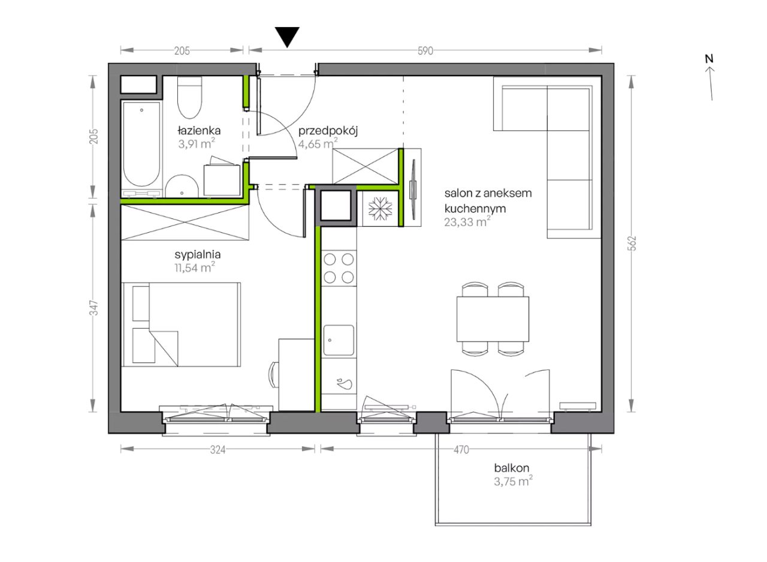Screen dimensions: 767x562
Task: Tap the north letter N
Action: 709,59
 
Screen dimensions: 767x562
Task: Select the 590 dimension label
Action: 425,51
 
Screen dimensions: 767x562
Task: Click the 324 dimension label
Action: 218,450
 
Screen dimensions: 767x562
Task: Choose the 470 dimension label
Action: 461,450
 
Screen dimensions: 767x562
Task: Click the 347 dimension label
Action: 94,307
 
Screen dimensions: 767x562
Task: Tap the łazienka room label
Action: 199,131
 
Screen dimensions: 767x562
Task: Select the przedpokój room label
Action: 328,131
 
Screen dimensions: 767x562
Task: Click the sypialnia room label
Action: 198,255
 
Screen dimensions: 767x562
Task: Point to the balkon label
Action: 512,468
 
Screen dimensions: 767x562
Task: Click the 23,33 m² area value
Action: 467,222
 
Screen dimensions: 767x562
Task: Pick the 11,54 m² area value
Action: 195,267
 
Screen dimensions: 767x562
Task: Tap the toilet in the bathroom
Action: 189,98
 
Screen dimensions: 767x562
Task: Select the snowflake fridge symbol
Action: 380,209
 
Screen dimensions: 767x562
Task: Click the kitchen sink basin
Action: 339,340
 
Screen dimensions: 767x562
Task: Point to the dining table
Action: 493,319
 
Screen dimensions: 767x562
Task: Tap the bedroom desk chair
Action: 274,374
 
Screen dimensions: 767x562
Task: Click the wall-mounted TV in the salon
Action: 413,190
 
